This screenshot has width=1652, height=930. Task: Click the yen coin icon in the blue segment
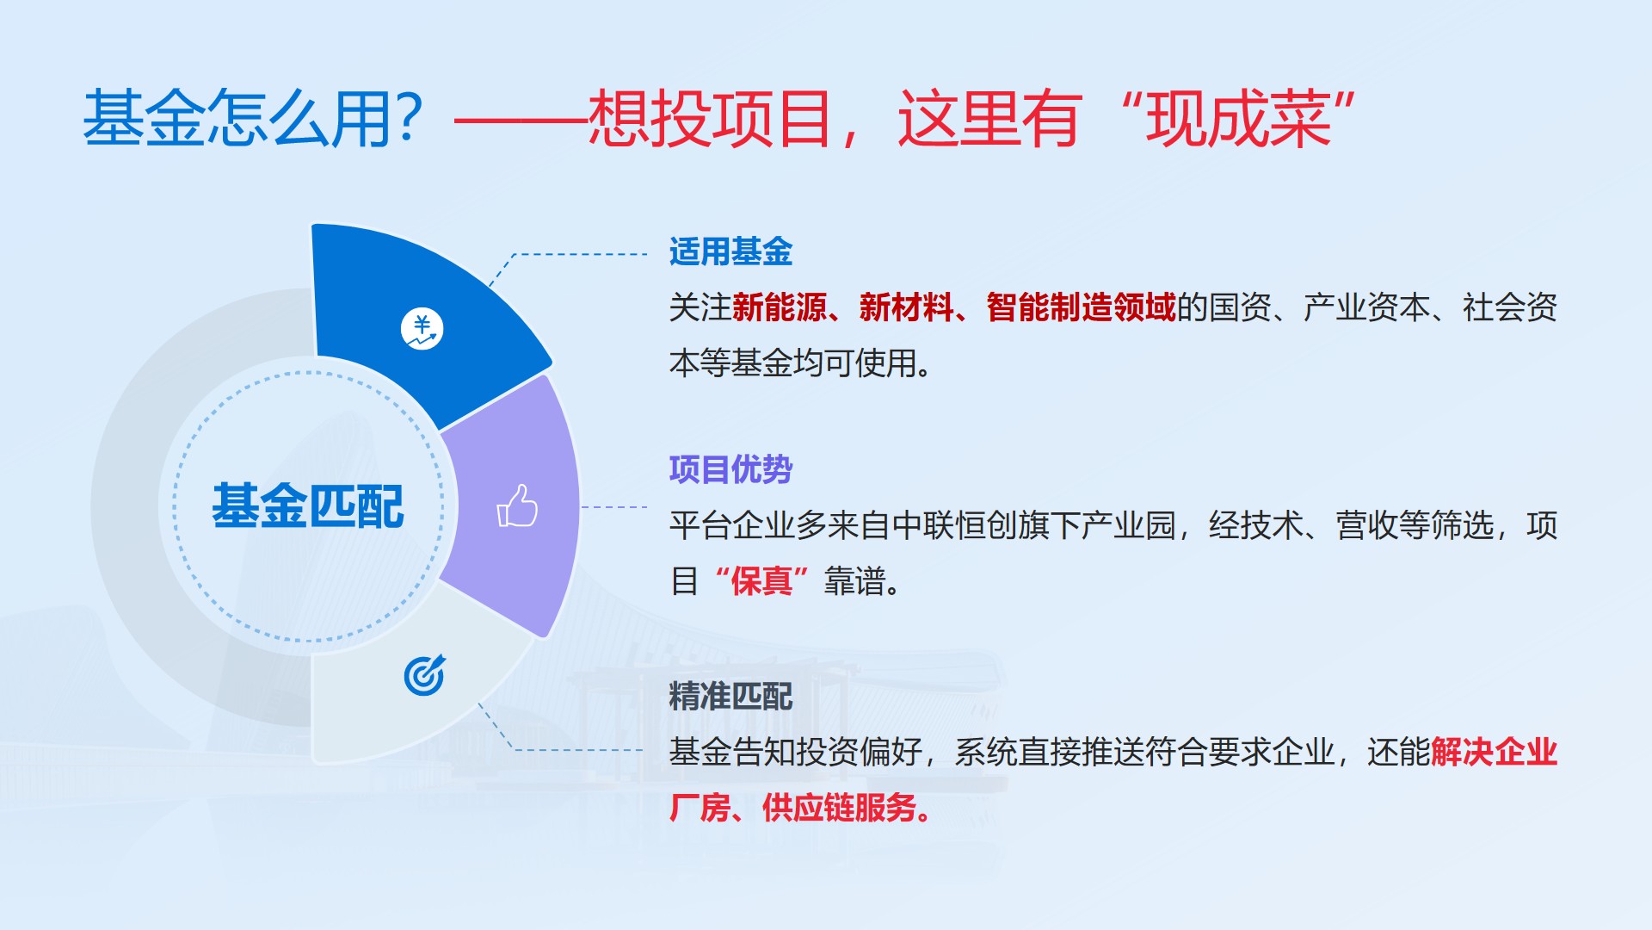pos(422,329)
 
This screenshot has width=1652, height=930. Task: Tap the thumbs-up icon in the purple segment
pos(517,505)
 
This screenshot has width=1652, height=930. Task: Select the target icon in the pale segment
pos(425,675)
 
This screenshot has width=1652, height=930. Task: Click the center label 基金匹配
pos(307,506)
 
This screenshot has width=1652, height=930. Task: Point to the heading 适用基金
pos(730,252)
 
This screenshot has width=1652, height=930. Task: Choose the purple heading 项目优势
pos(730,469)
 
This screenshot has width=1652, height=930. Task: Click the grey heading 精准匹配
pos(730,696)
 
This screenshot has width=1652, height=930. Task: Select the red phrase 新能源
pos(780,307)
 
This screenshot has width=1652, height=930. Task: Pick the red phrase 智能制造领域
pos(1081,307)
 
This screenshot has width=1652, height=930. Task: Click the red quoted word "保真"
pos(761,581)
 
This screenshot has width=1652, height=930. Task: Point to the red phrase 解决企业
pos(1495,752)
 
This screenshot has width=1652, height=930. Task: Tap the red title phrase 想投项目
pos(711,118)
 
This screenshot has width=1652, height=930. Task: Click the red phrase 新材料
pos(907,307)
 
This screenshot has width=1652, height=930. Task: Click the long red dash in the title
pos(521,120)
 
